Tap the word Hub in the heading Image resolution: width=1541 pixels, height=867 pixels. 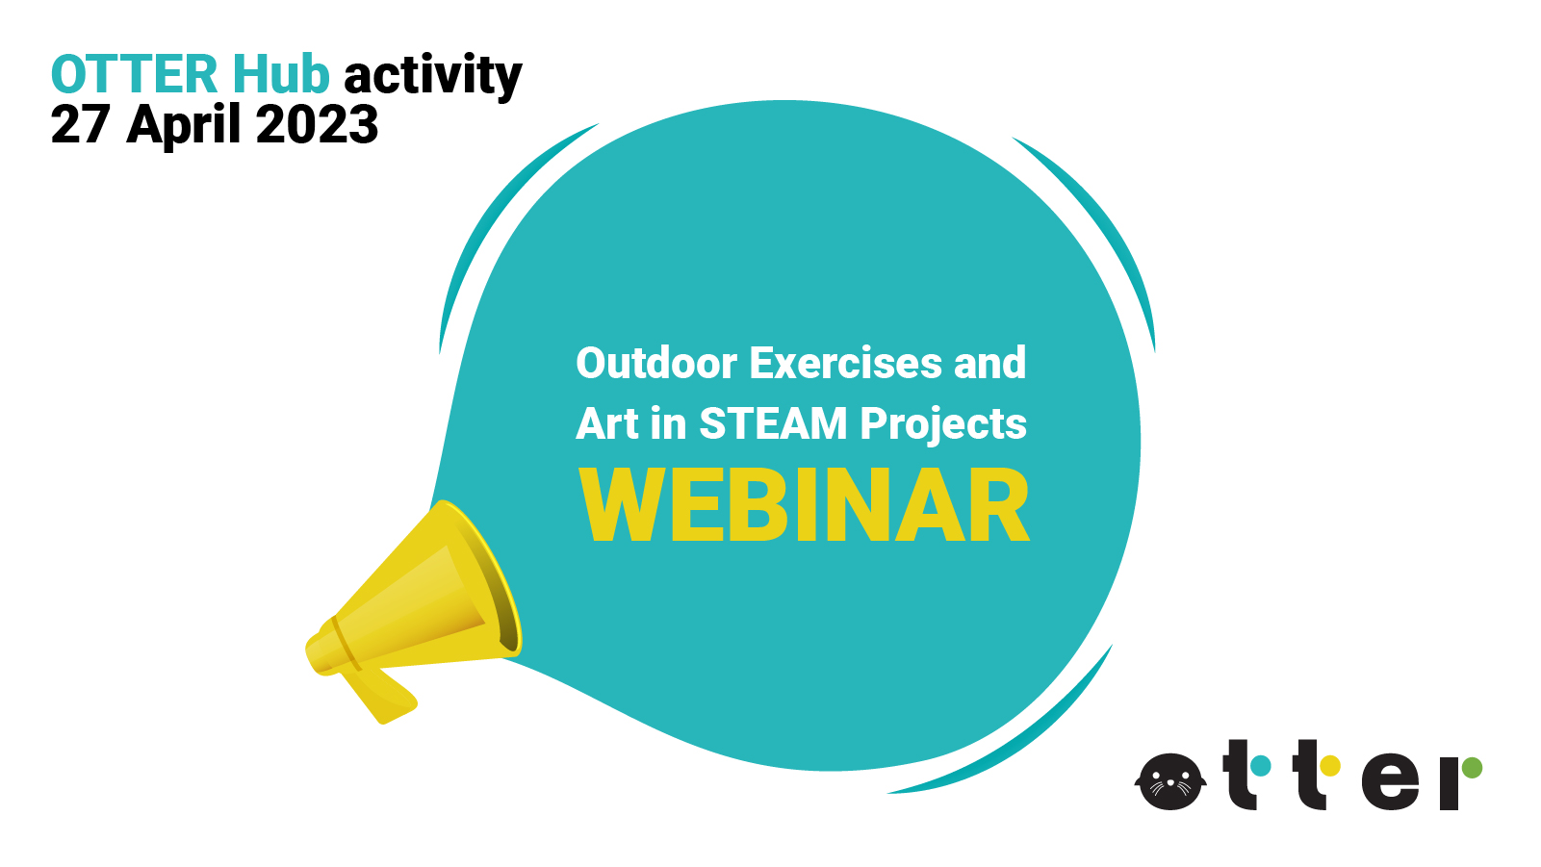coord(281,73)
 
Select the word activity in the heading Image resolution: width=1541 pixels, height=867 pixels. coord(433,76)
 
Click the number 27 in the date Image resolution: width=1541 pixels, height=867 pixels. coord(80,124)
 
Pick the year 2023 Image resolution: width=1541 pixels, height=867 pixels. coord(317,124)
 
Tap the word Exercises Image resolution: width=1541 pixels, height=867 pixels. coord(845,363)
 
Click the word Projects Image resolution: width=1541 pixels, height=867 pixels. coord(943,426)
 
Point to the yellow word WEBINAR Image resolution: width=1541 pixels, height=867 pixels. coord(804,505)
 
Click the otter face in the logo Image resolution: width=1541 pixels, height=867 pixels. coord(1170,781)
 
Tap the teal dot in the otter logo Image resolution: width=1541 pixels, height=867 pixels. coord(1260,765)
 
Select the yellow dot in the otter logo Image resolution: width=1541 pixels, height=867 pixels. coord(1330,765)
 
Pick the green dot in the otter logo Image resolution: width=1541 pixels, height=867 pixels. coord(1472,767)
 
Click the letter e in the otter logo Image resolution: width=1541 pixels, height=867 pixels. coord(1390,782)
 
